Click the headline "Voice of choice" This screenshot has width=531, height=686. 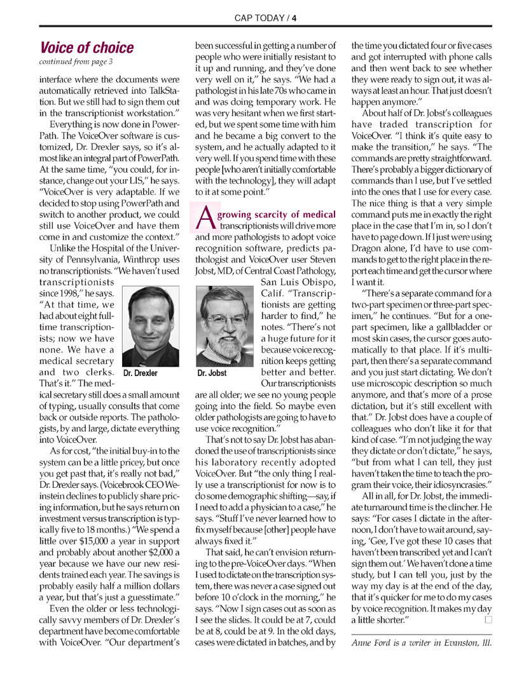click(x=86, y=48)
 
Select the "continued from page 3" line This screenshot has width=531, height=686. click(x=76, y=62)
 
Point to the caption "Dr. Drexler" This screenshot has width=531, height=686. click(x=141, y=373)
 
